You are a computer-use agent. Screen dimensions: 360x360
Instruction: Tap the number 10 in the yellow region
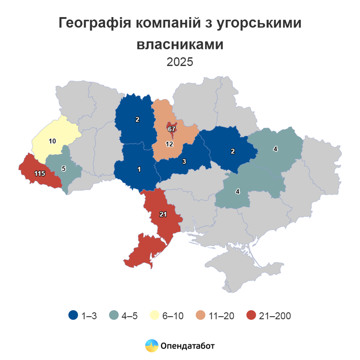point(52,140)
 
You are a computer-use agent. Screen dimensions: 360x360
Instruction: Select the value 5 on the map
point(64,168)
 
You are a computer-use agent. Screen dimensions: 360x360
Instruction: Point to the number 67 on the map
point(172,129)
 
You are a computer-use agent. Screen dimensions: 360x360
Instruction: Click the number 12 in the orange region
point(169,144)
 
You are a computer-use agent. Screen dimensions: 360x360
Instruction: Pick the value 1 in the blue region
point(139,169)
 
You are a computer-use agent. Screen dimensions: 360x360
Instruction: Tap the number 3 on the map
point(184,161)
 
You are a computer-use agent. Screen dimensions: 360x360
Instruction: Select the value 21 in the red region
point(162,215)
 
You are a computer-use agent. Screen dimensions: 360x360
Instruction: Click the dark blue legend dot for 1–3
point(73,316)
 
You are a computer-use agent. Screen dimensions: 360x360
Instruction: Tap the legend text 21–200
point(275,316)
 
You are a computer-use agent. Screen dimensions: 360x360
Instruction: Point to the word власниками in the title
point(180,44)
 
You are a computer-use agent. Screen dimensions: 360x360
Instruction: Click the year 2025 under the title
point(180,62)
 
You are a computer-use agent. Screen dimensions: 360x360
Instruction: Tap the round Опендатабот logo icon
point(151,345)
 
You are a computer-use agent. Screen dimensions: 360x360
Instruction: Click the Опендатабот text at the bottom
point(188,345)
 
